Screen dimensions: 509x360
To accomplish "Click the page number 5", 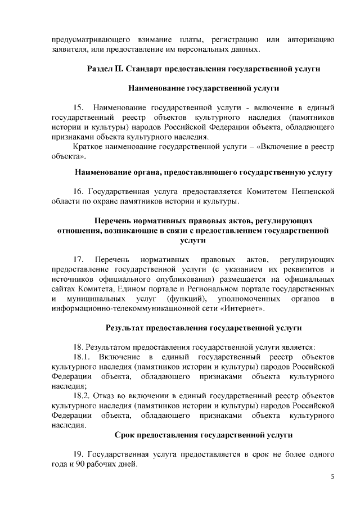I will coord(332,477).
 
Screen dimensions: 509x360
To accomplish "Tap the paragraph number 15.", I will coord(79,107).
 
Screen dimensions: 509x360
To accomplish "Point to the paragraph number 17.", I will coord(79,259).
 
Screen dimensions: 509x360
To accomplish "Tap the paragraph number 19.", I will coord(79,454).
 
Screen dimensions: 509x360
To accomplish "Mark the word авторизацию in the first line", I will coord(311,39).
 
